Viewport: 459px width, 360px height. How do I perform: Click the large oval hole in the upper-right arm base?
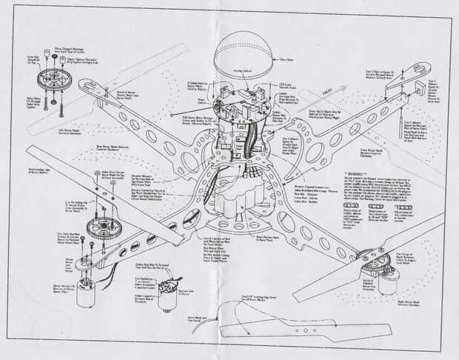click(314, 152)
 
